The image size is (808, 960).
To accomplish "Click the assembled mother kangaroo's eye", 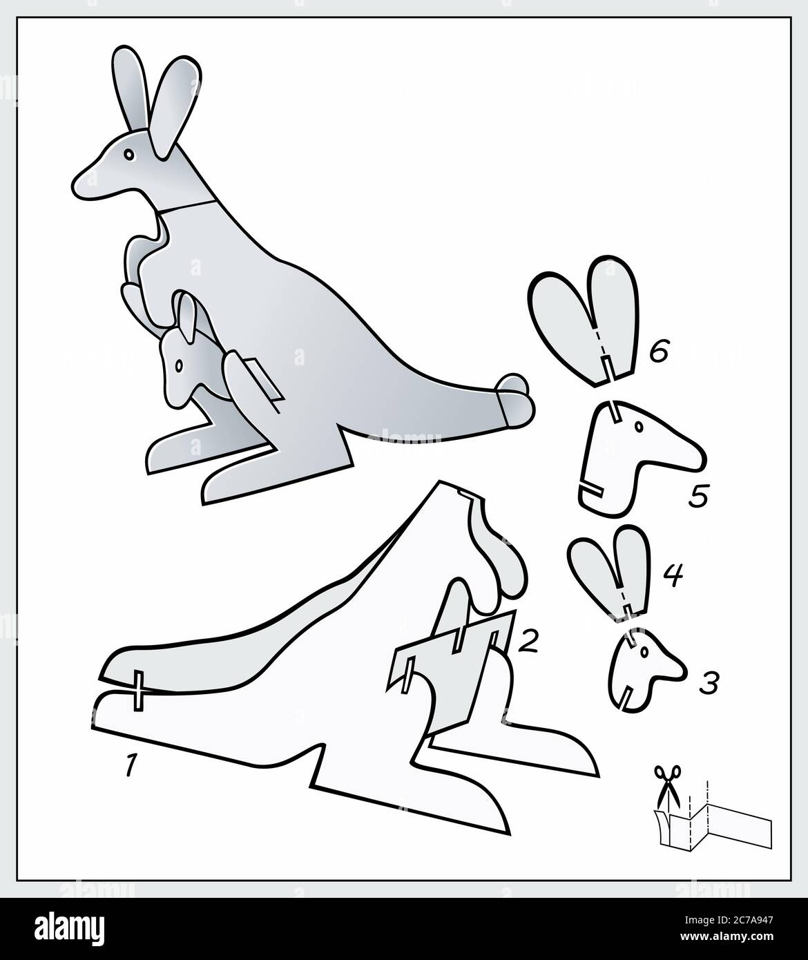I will pos(129,156).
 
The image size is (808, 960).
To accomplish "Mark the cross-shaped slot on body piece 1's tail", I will pos(138,690).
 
